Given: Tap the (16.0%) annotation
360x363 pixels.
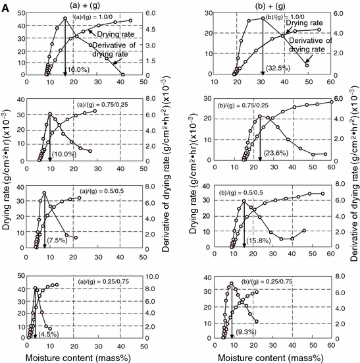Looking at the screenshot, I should [78, 69].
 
